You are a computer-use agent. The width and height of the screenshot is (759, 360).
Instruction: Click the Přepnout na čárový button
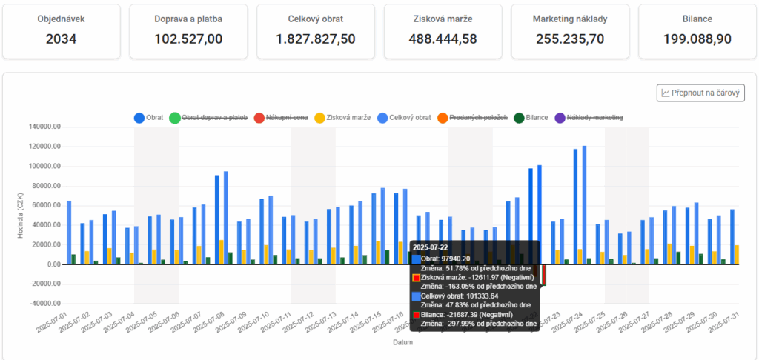700,93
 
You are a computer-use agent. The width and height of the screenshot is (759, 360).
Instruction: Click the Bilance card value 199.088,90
697,39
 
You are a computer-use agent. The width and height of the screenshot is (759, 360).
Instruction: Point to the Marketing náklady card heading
570,19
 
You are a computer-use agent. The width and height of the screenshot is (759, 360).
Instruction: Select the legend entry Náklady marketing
594,118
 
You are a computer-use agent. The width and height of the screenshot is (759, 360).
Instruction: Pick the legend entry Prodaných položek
478,118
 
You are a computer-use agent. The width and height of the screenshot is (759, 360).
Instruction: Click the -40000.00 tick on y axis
44,304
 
